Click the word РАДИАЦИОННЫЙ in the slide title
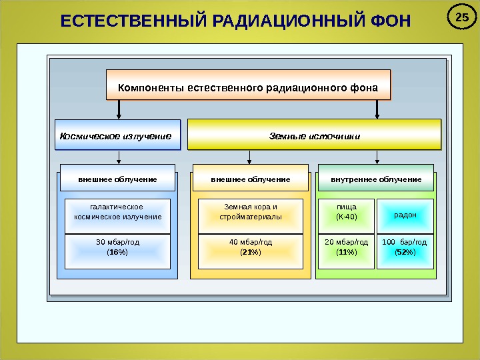(x=279, y=23)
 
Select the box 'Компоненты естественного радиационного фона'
(x=248, y=87)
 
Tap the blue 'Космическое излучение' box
(x=119, y=135)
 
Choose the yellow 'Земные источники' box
(x=315, y=135)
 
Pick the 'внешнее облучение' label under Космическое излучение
(x=117, y=179)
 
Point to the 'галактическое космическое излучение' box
(x=117, y=212)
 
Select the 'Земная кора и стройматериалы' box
(x=250, y=212)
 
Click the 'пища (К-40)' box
(x=346, y=212)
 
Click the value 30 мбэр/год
(x=117, y=242)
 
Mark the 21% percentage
(x=250, y=253)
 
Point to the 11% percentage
(x=346, y=253)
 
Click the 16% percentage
(x=117, y=253)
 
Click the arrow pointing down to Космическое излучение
(x=119, y=110)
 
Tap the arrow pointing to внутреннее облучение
(x=377, y=157)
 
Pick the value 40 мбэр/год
(x=250, y=242)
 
